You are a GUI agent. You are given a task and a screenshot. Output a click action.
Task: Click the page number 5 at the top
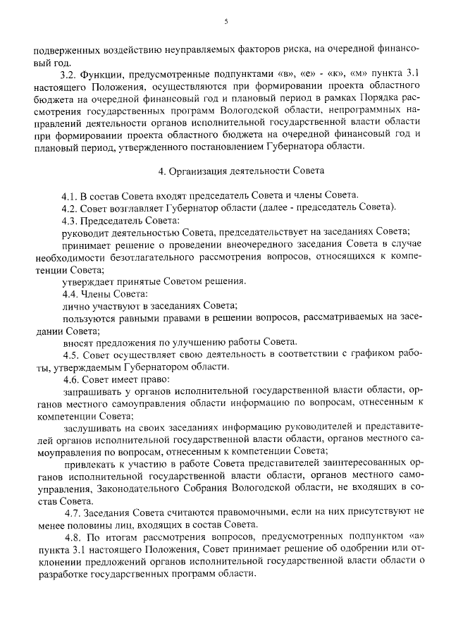coord(226,22)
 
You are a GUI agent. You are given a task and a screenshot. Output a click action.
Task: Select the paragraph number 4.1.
coord(70,195)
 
